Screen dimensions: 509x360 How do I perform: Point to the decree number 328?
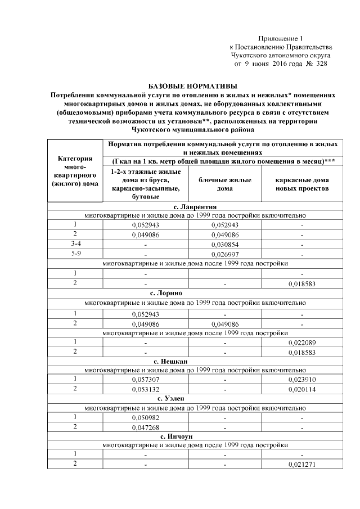(x=320, y=64)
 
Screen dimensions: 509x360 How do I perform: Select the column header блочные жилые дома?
(x=224, y=184)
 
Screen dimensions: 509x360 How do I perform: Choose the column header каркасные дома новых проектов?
(x=301, y=184)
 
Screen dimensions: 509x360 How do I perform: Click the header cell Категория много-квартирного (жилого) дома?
(x=75, y=171)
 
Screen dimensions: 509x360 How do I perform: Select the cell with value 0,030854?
(x=224, y=245)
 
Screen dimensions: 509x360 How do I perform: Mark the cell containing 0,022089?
(x=302, y=342)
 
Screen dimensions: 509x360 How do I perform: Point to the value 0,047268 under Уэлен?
(x=146, y=427)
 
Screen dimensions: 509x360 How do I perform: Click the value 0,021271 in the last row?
(x=302, y=465)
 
